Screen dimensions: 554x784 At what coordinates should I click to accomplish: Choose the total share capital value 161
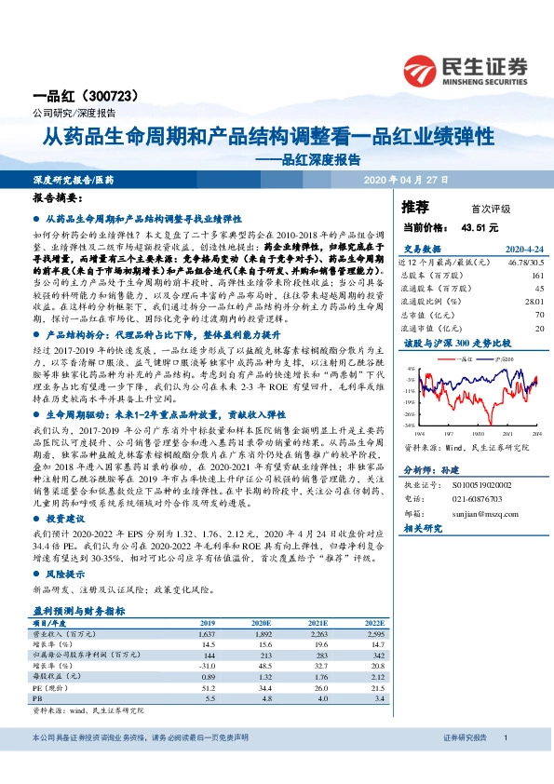537,277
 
